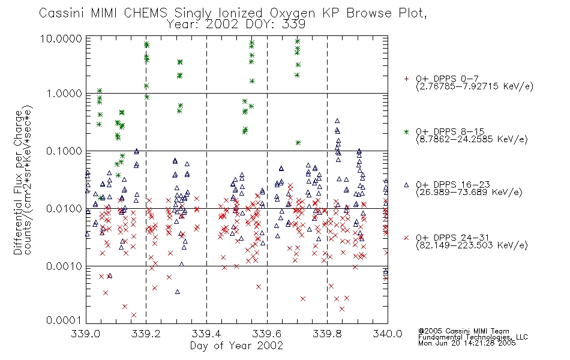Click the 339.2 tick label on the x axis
pos(146,334)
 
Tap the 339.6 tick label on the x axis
pos(267,334)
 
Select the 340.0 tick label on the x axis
pos(388,334)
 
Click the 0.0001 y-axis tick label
pos(64,320)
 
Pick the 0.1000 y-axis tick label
pos(64,151)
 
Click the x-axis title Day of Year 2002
pos(236,346)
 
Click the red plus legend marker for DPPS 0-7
pos(406,79)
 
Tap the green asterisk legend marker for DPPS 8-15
pos(406,131)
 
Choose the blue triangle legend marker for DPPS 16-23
pos(406,185)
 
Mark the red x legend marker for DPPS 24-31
pos(406,238)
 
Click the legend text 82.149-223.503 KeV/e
pos(472,245)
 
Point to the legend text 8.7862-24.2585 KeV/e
pos(472,139)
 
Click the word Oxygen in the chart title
pos(293,13)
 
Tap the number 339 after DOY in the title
pos(294,25)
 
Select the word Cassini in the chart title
pos(62,13)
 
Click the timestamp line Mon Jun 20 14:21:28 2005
pos(467,343)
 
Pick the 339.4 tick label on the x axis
pos(206,334)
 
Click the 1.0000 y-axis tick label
pos(64,94)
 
